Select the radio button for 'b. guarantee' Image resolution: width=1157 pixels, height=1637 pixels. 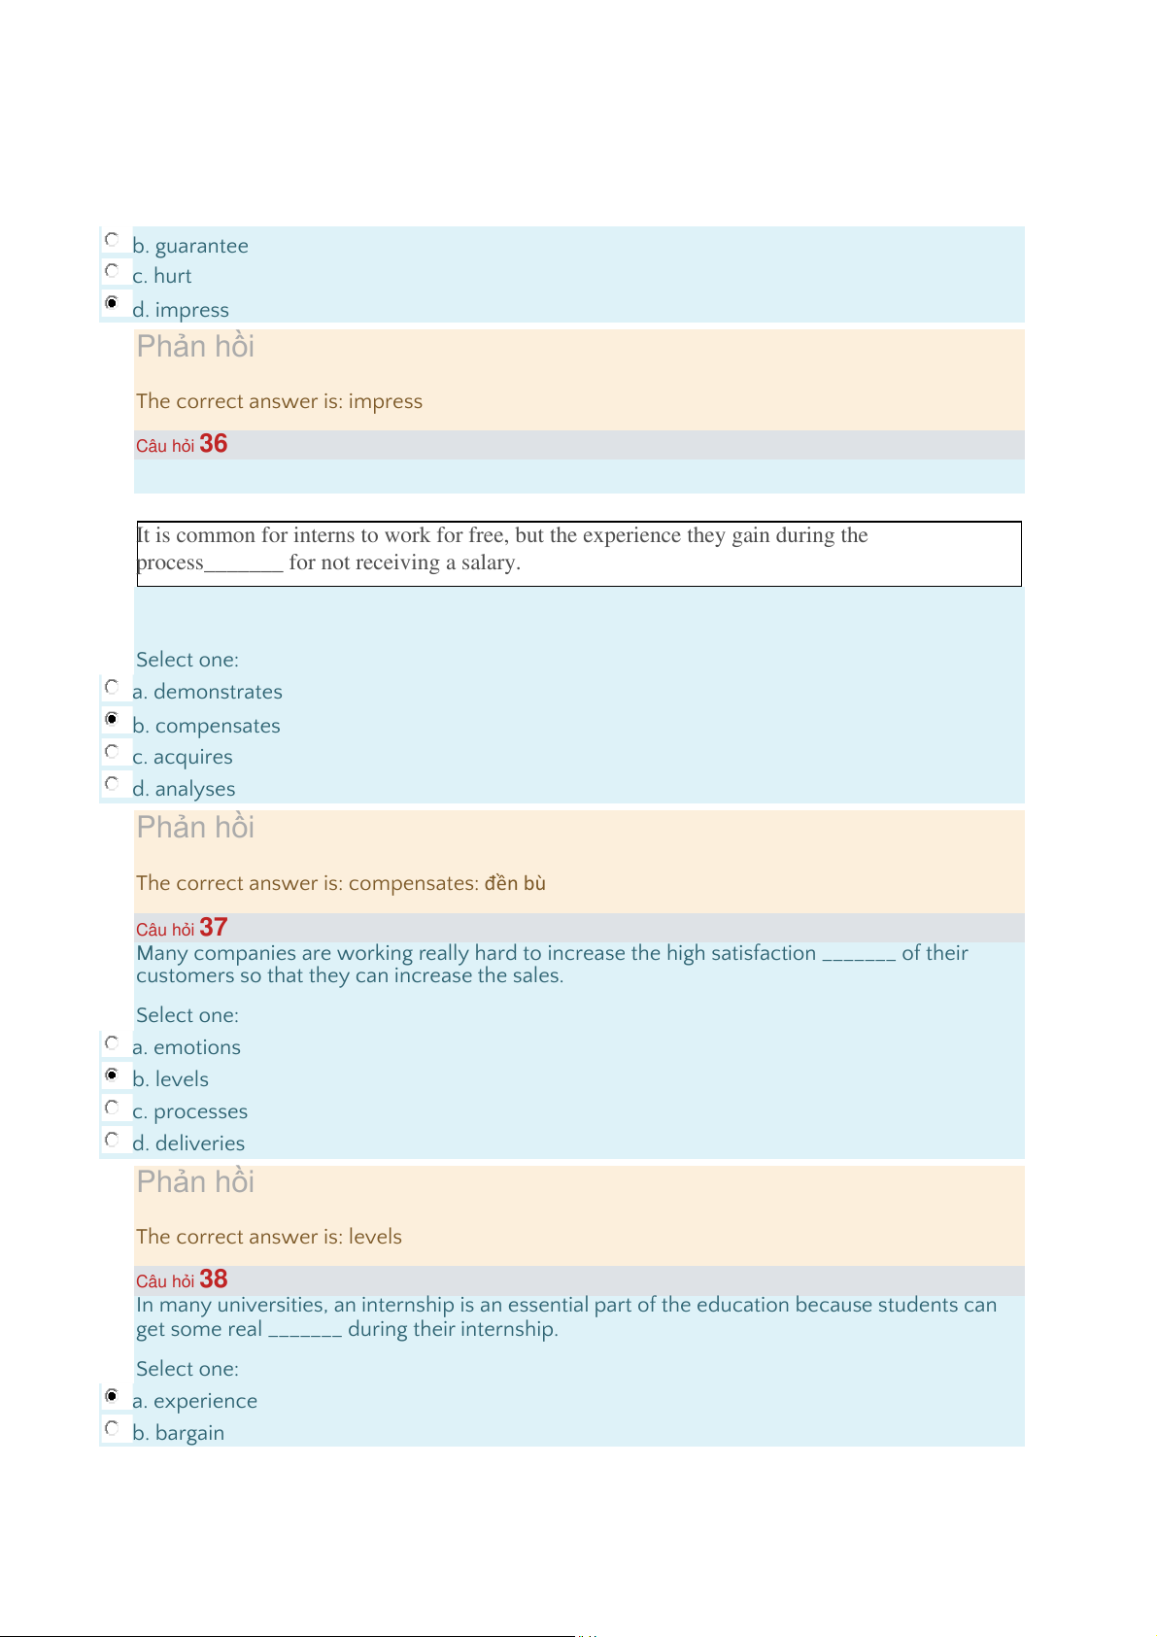[x=112, y=239]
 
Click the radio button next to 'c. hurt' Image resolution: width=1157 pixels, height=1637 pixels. [x=112, y=270]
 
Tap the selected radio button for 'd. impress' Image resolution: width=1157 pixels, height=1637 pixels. [x=112, y=303]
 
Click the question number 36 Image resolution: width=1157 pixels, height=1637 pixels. [x=213, y=444]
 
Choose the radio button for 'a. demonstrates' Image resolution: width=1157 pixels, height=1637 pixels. [x=112, y=687]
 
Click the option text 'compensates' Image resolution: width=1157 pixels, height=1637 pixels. [x=218, y=726]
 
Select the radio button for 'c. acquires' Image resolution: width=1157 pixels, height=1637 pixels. [x=112, y=751]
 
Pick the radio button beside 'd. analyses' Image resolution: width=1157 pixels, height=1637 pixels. [x=112, y=783]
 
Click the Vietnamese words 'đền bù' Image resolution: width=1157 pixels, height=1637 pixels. [x=515, y=883]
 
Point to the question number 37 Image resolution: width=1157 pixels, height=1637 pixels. [x=213, y=928]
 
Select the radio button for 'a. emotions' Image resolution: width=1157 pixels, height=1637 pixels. [x=112, y=1042]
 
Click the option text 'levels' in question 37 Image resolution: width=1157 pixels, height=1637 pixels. [x=182, y=1079]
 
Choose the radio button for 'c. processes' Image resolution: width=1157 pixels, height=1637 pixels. [x=112, y=1107]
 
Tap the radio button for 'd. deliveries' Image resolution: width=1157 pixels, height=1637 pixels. [x=112, y=1139]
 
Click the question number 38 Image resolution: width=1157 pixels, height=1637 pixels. [x=213, y=1279]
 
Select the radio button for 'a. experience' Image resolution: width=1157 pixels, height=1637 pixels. [x=112, y=1396]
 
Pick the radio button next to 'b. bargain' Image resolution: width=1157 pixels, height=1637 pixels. [x=112, y=1428]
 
